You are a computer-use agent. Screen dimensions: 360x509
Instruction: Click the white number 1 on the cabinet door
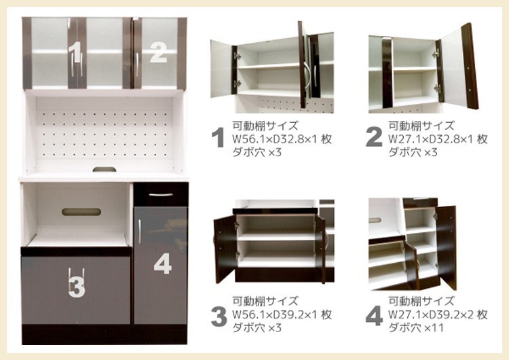(x=75, y=51)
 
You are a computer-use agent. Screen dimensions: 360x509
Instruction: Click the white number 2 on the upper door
(x=157, y=52)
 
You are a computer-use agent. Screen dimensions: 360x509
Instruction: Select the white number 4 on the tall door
(x=162, y=263)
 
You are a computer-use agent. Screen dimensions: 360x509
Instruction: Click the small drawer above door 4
(x=160, y=194)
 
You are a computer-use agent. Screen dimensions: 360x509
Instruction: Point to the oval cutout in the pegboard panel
(x=103, y=168)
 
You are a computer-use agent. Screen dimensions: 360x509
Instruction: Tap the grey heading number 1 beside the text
(x=218, y=138)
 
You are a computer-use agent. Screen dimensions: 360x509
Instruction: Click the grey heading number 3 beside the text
(x=218, y=316)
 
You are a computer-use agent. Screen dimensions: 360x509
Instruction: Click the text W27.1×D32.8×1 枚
(x=438, y=139)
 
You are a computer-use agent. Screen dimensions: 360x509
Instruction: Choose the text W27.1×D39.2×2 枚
(x=438, y=315)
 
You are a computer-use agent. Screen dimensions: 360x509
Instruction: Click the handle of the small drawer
(x=160, y=195)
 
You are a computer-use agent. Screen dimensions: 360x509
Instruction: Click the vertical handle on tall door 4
(x=139, y=231)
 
